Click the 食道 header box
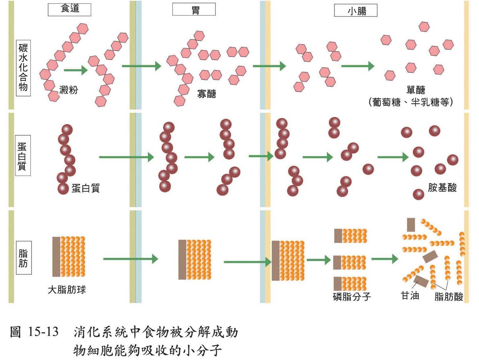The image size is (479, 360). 69,9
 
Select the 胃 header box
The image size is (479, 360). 194,10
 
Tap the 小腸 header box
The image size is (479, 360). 356,11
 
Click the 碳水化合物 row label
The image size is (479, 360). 23,68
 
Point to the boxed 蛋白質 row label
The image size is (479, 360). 23,155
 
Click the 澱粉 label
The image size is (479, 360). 68,90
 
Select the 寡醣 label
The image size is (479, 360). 206,94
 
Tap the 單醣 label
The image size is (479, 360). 415,90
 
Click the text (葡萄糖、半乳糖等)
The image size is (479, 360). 411,102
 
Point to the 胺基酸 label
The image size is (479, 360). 442,188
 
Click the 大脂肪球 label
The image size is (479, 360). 67,290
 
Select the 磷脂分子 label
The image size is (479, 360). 352,296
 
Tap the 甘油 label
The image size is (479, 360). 410,295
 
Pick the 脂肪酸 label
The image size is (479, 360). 449,296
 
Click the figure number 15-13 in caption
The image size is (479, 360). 43,332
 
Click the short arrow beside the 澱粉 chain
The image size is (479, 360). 76,70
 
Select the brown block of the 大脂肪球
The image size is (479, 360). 56,257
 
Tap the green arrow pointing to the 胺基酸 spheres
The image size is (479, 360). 393,157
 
